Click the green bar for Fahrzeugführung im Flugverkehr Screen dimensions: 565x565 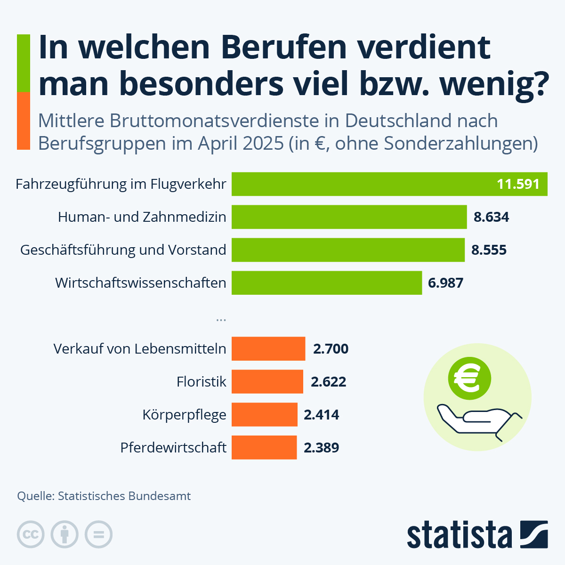(x=358, y=184)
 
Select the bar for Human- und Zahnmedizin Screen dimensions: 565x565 (x=348, y=217)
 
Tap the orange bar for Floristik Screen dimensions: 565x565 (x=267, y=381)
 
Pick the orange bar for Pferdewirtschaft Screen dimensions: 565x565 (x=264, y=447)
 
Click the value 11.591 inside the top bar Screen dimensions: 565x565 (x=518, y=184)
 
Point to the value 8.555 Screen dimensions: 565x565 (x=489, y=250)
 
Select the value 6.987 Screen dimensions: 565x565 (x=445, y=283)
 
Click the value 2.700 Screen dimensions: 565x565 (x=331, y=349)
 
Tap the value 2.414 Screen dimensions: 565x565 (x=321, y=415)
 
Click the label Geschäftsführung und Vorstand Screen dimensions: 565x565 (x=123, y=250)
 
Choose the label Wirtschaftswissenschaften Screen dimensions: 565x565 (x=140, y=283)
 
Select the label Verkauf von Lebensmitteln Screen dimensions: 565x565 (x=139, y=349)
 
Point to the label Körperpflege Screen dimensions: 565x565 (x=184, y=415)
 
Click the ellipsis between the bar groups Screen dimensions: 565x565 (x=221, y=319)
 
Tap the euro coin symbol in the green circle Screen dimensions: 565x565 (x=469, y=378)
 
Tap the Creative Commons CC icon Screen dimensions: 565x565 (x=31, y=534)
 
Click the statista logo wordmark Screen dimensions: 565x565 (x=460, y=535)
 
